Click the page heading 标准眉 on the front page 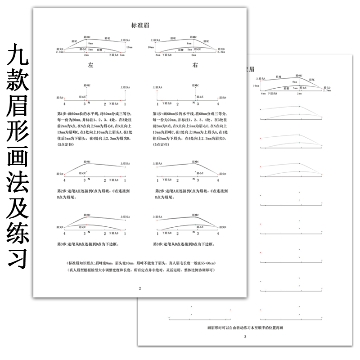(139, 26)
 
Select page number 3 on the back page (245, 336)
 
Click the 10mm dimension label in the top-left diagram (129, 47)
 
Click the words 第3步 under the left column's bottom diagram (62, 244)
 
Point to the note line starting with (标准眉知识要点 (140, 262)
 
